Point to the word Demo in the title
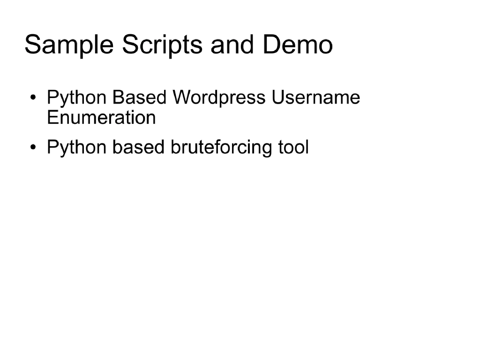click(x=298, y=45)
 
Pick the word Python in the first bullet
click(x=78, y=98)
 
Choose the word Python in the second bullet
click(x=78, y=148)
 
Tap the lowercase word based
click(x=139, y=147)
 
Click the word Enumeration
click(x=101, y=117)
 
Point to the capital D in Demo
click(x=271, y=45)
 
